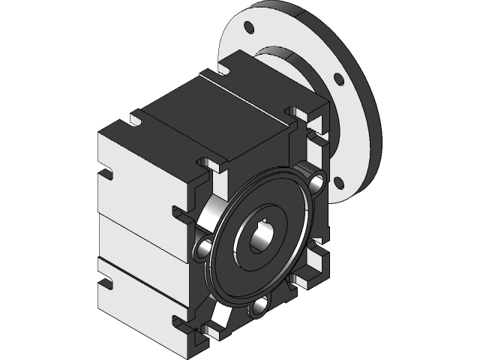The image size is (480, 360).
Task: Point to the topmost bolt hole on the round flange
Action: point(250,31)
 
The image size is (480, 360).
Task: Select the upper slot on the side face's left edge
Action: point(107,175)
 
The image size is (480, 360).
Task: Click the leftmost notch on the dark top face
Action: point(136,119)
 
